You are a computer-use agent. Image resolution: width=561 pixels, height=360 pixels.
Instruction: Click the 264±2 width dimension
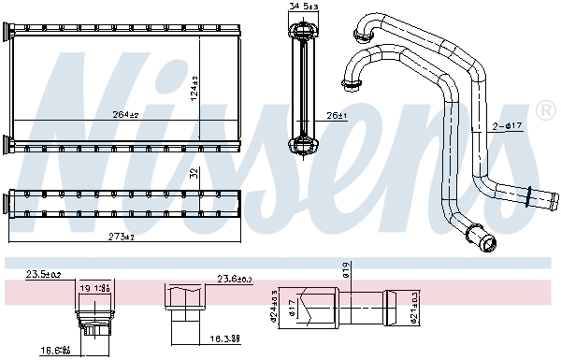pos(125,115)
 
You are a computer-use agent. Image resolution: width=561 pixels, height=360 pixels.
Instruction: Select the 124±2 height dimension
pos(195,90)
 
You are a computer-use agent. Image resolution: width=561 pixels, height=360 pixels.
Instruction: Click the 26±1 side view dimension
pos(337,116)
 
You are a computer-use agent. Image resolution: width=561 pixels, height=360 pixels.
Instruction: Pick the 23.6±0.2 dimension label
pos(235,278)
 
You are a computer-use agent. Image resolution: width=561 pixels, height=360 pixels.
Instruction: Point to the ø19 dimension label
pos(346,271)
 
